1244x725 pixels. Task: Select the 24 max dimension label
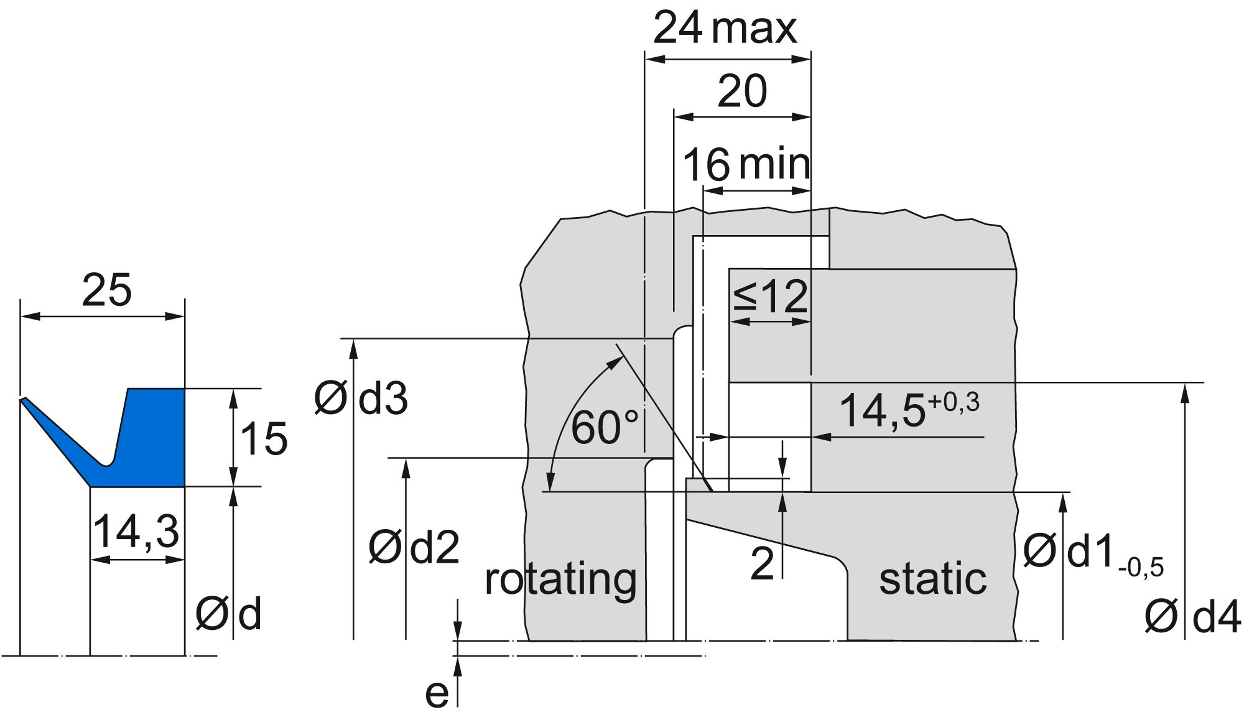point(725,29)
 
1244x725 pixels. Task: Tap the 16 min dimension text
point(746,165)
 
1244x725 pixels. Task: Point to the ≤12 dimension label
point(770,297)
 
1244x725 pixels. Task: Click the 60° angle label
point(604,428)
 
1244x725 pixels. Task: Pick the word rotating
point(560,580)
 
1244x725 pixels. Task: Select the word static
point(932,578)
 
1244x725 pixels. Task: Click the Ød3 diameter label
point(361,399)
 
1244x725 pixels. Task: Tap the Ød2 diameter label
point(414,548)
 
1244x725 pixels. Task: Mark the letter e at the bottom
point(437,694)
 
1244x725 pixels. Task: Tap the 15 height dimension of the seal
point(264,439)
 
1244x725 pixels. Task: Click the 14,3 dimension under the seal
point(136,532)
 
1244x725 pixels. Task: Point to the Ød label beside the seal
point(228,615)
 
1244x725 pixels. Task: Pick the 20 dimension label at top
point(742,91)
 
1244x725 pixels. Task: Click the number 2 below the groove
point(762,563)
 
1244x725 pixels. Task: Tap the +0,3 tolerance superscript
point(953,403)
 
